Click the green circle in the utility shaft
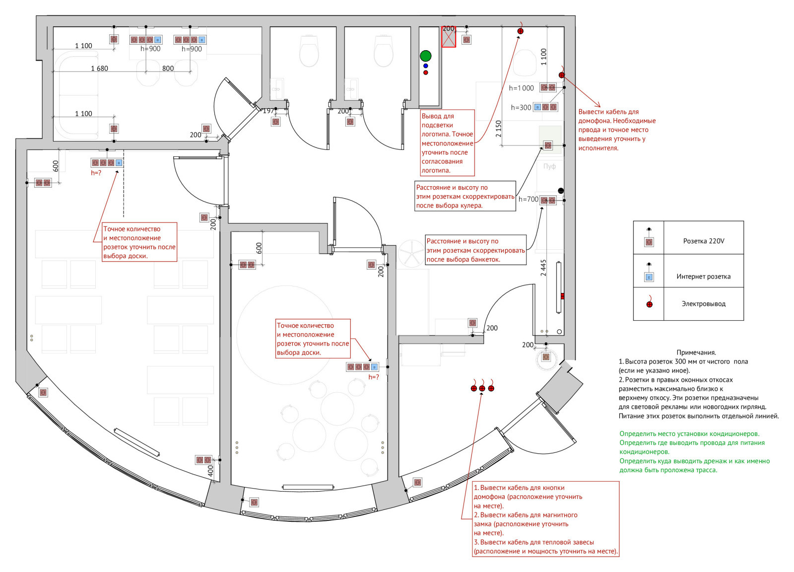[x=425, y=56]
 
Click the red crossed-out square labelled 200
[x=449, y=37]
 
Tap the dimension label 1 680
[x=99, y=69]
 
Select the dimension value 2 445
[x=543, y=268]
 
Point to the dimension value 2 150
[x=499, y=129]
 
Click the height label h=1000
[x=521, y=88]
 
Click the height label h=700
[x=528, y=199]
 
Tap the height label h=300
[x=521, y=107]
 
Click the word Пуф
[x=549, y=166]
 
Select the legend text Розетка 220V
[x=703, y=241]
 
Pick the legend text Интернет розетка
[x=703, y=277]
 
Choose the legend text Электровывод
[x=703, y=304]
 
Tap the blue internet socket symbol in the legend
[x=649, y=277]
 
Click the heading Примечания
[x=696, y=353]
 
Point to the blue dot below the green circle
[x=425, y=66]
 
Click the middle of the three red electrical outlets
[x=482, y=388]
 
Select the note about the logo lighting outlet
[x=447, y=143]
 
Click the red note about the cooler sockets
[x=465, y=197]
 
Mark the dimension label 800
[x=168, y=69]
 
